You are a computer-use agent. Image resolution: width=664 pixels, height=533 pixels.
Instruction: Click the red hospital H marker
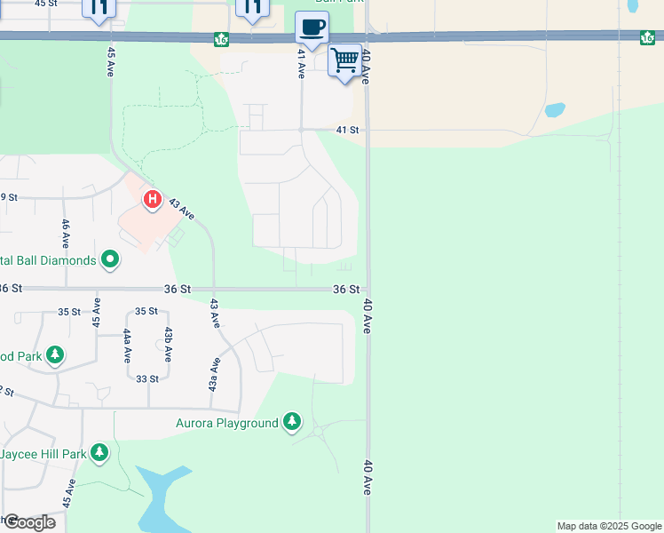152,200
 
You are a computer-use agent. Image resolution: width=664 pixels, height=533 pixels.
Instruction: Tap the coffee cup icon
312,27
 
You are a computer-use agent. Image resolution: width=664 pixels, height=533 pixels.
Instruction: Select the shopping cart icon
345,61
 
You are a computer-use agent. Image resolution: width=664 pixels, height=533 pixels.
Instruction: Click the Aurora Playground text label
226,423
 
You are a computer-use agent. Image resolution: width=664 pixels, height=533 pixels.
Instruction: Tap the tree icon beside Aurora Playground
292,422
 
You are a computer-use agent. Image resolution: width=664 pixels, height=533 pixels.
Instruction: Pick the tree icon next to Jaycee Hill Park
99,453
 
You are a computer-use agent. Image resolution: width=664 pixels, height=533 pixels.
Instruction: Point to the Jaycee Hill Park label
43,454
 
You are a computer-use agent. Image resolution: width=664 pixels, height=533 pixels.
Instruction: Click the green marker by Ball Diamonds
110,260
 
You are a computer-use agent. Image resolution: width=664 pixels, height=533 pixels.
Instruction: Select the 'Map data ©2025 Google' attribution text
609,526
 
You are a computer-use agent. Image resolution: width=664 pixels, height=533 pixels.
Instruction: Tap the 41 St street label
347,130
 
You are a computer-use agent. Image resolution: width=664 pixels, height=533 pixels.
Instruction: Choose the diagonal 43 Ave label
181,210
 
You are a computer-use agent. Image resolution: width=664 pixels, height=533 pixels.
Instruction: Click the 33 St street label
147,378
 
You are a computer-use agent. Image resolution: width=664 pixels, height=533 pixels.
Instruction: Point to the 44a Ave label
128,345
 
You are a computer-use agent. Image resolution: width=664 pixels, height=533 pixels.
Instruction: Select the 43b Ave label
168,345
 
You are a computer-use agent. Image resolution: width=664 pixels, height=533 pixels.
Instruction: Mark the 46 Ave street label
65,235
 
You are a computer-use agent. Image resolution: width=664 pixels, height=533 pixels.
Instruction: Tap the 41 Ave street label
302,64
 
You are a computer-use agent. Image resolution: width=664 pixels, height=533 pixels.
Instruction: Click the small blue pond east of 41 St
555,111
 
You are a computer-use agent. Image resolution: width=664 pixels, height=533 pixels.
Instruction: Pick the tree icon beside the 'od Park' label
55,355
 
